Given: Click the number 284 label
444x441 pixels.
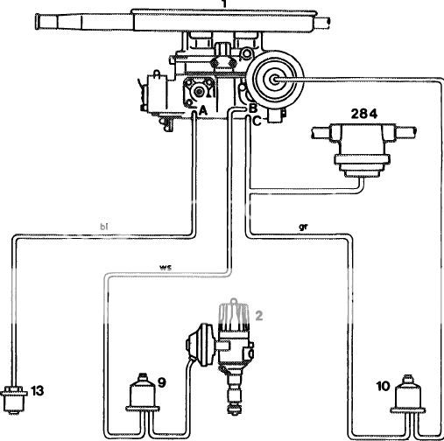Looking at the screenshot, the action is pyautogui.click(x=363, y=114).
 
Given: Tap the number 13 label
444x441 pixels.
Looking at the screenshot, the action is pyautogui.click(x=38, y=391).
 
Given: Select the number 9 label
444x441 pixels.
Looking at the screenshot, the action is pyautogui.click(x=162, y=382).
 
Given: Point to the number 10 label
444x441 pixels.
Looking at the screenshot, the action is pyautogui.click(x=383, y=386).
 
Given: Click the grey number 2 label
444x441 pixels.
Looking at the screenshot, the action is pyautogui.click(x=259, y=316).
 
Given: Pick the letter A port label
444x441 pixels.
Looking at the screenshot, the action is pyautogui.click(x=202, y=111).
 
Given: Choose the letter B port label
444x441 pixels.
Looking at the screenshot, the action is pyautogui.click(x=253, y=108).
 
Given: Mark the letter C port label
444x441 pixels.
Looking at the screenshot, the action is pyautogui.click(x=257, y=121).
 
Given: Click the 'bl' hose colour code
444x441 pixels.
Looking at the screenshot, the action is pyautogui.click(x=103, y=227).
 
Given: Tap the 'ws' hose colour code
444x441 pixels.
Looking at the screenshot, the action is pyautogui.click(x=166, y=267).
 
